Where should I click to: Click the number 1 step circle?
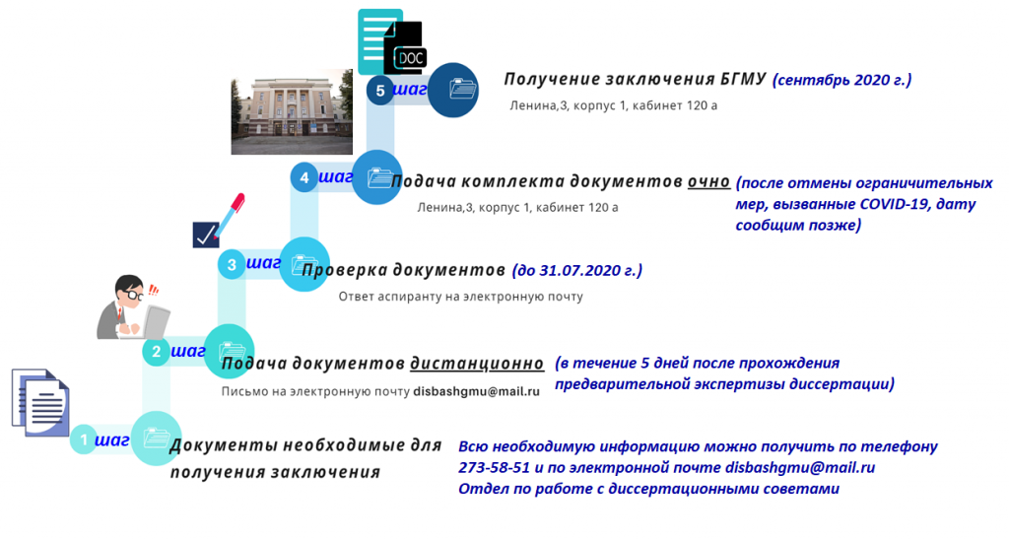click(x=84, y=439)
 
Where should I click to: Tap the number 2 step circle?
click(x=157, y=352)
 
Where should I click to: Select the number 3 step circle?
click(x=232, y=264)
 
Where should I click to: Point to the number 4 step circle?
click(x=303, y=177)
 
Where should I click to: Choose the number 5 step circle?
click(x=380, y=91)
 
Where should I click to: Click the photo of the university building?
click(x=292, y=112)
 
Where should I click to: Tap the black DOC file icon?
click(x=405, y=48)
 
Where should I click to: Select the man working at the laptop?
click(x=133, y=307)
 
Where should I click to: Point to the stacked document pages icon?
click(x=40, y=403)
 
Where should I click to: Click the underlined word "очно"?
click(x=709, y=181)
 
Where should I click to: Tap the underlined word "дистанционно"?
click(x=477, y=364)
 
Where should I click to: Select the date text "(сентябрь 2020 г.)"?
click(x=841, y=80)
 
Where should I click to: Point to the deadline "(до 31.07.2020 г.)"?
click(x=577, y=270)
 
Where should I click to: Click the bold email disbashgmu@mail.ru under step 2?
click(x=476, y=391)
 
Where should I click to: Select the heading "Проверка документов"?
click(x=403, y=270)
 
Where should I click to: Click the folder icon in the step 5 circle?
click(x=463, y=88)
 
